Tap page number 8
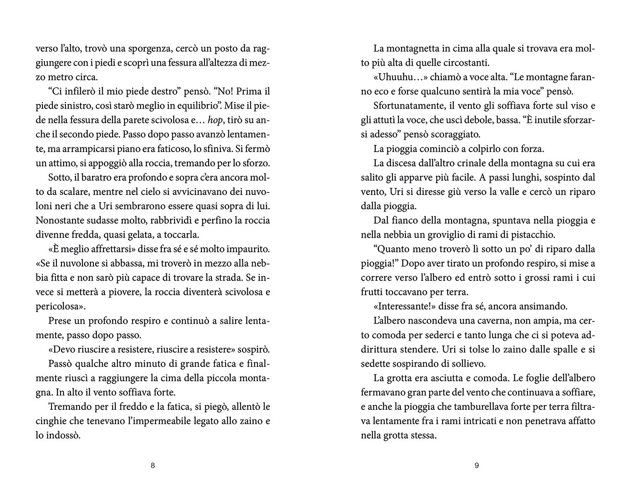[153, 466]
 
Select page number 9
[477, 466]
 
